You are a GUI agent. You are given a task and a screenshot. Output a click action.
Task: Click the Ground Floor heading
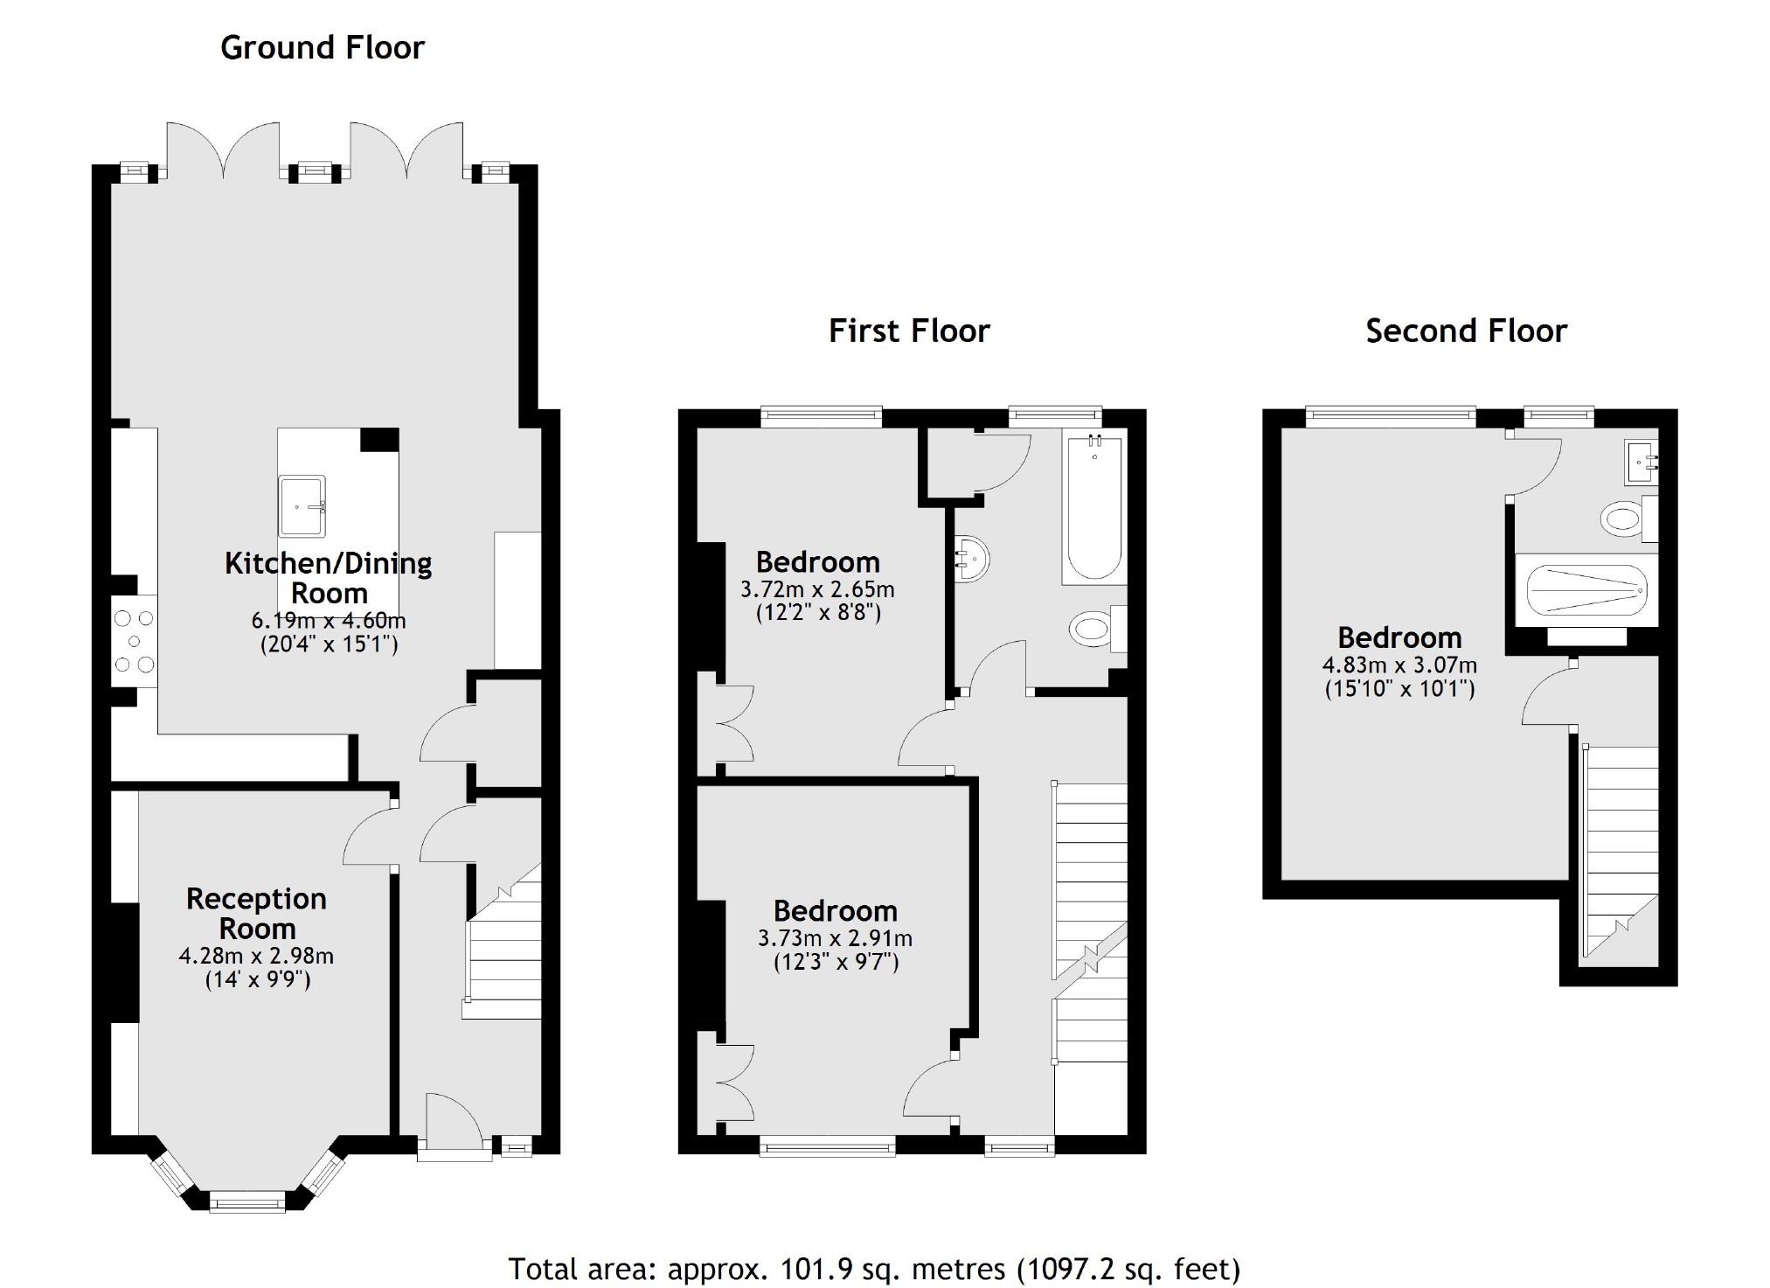pos(322,47)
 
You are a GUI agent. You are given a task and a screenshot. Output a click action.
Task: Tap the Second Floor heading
pos(1466,331)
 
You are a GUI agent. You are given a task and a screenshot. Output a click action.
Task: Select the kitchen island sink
pos(302,505)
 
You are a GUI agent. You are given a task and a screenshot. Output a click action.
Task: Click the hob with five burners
pos(134,642)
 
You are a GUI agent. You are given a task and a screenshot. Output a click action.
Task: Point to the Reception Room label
pos(256,913)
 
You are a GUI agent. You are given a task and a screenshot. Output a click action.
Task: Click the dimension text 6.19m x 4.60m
pos(329,621)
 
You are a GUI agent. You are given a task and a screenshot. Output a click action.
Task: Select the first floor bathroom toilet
pos(1092,628)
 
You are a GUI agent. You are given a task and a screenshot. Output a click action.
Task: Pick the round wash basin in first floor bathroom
pos(972,558)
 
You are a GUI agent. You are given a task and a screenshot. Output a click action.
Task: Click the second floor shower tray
pos(1586,591)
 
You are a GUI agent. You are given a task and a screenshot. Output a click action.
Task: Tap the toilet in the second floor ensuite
pos(1622,519)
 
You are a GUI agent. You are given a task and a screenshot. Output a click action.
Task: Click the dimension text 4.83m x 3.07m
pos(1399,665)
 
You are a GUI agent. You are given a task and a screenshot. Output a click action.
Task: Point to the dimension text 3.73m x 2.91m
pos(835,939)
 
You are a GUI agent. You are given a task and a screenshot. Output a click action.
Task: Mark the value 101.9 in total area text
pos(803,1269)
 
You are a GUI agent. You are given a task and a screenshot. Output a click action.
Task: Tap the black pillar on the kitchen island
pos(379,440)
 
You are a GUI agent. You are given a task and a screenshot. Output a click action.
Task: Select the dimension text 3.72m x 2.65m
pos(817,589)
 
